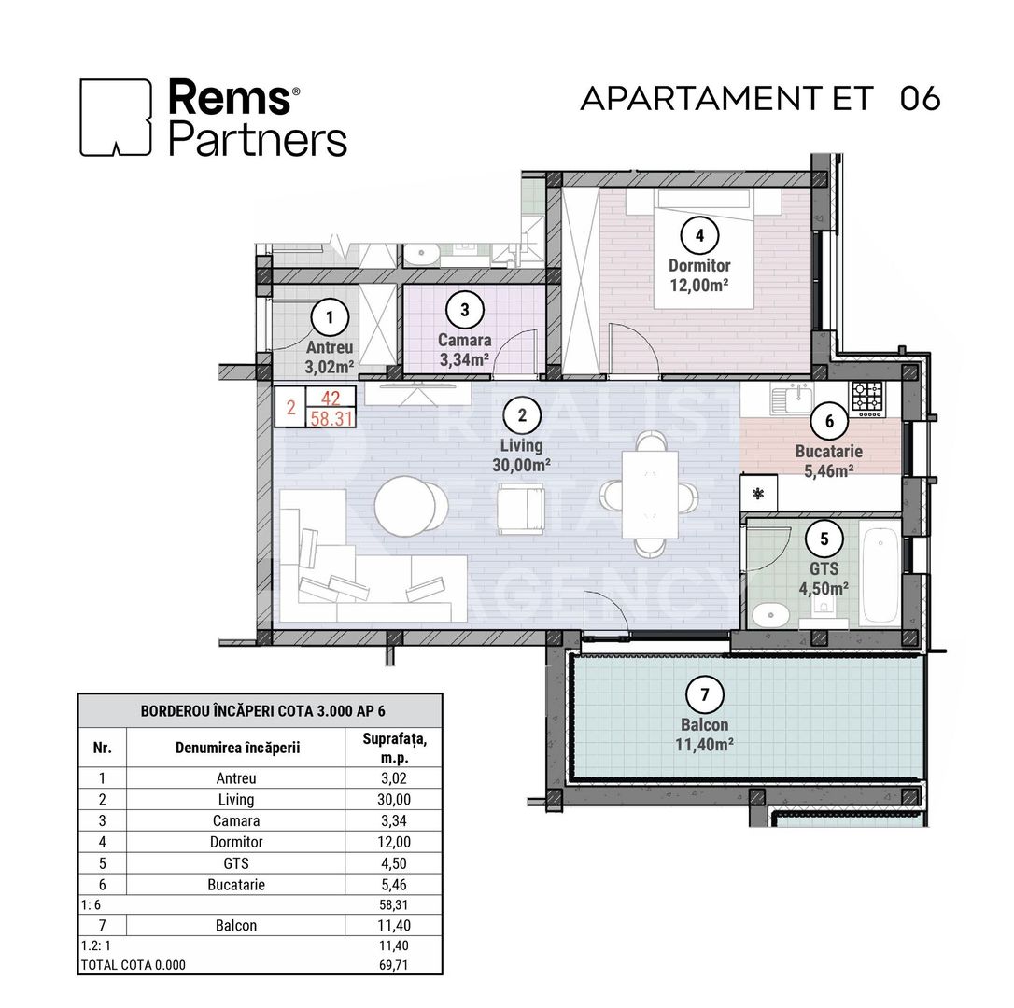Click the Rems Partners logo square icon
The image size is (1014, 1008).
coord(116,117)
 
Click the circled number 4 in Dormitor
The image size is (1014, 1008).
coord(699,235)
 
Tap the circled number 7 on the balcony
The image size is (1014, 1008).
coord(704,694)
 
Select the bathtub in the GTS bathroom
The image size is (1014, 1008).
coord(879,578)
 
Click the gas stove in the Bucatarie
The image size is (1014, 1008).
coord(866,399)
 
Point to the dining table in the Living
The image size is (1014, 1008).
coord(650,495)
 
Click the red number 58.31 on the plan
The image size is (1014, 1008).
coord(331,418)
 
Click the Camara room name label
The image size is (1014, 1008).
coord(464,341)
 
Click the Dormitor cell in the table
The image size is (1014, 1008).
coord(235,842)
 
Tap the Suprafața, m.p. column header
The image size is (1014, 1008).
coord(392,747)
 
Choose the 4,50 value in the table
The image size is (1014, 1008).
coord(392,863)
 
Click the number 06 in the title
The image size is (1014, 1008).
coord(920,99)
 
